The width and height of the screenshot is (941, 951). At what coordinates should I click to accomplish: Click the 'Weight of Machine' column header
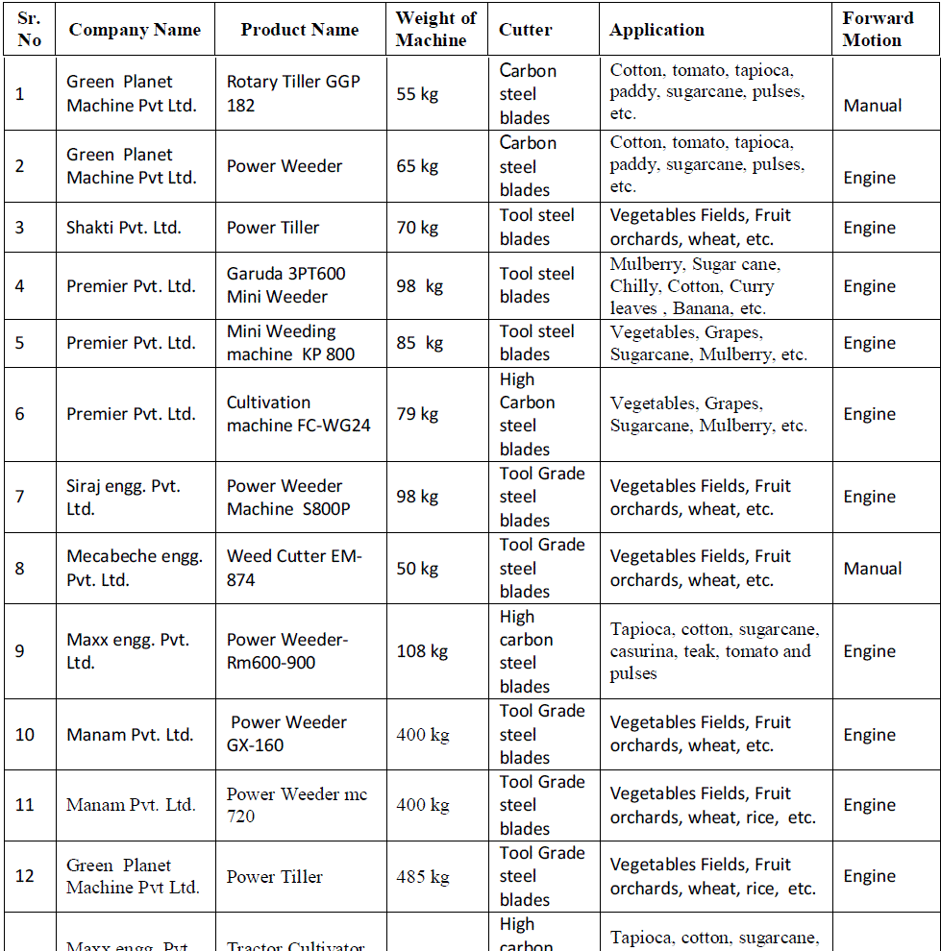click(x=435, y=30)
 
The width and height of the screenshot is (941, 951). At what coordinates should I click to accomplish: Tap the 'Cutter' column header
click(x=525, y=30)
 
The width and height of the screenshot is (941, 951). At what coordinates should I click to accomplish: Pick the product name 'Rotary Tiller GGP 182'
click(x=293, y=94)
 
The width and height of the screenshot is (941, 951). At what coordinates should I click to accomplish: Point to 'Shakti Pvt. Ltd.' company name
click(x=124, y=228)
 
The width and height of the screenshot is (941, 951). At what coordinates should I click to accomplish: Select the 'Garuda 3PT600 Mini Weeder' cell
click(x=285, y=285)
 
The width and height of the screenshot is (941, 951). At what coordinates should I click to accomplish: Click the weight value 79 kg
click(x=417, y=414)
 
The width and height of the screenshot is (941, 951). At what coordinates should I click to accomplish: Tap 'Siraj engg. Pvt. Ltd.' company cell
click(x=123, y=498)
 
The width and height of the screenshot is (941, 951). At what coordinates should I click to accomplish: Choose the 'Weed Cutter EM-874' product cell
click(x=293, y=569)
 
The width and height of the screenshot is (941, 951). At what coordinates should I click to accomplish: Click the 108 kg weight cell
click(x=422, y=651)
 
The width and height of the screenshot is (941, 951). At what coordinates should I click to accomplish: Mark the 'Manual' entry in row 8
click(x=872, y=569)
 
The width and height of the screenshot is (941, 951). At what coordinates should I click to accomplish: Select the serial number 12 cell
click(x=25, y=876)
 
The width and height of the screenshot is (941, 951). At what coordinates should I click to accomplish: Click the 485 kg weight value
click(x=423, y=876)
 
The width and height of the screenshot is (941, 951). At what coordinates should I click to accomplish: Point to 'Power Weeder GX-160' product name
click(x=287, y=734)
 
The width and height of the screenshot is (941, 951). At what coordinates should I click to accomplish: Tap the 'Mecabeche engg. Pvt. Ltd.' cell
click(x=134, y=569)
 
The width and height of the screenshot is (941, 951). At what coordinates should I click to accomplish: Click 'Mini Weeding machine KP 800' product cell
click(x=289, y=343)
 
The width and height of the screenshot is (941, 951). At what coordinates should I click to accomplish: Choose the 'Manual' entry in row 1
click(x=872, y=106)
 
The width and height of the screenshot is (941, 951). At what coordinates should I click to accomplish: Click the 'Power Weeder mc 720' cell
click(x=296, y=805)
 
